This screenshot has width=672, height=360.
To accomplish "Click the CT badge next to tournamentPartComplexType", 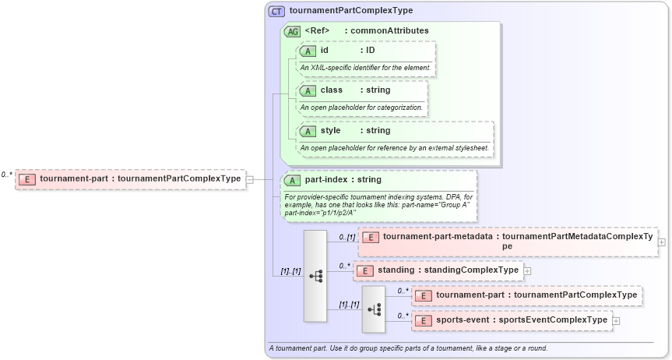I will tap(276, 11).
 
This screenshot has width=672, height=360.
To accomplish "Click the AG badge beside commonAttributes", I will tap(293, 31).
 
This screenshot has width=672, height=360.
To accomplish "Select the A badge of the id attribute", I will tap(308, 51).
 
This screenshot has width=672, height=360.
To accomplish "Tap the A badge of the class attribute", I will tap(308, 90).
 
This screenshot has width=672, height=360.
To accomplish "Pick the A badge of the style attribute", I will tap(308, 131).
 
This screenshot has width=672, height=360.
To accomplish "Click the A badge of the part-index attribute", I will tap(293, 180).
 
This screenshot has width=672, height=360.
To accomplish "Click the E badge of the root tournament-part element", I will tap(28, 179).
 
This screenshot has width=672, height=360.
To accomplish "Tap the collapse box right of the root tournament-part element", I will tap(249, 179).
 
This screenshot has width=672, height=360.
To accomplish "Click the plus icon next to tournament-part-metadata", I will tap(661, 242).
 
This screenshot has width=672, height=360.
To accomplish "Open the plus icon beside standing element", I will tap(527, 270).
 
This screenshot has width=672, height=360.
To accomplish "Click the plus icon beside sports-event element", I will tap(616, 320).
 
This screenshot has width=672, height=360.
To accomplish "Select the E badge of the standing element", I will tap(365, 270).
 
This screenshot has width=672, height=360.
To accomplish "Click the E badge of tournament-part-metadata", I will tap(371, 237).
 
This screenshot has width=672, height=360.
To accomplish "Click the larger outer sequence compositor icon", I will tap(315, 276).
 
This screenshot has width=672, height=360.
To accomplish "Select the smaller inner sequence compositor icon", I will tap(374, 309).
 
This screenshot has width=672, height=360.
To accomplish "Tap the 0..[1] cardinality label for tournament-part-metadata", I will tap(347, 236).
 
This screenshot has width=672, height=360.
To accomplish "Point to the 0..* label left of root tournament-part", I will tap(7, 175).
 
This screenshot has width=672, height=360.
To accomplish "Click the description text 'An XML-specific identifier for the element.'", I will tap(365, 68).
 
